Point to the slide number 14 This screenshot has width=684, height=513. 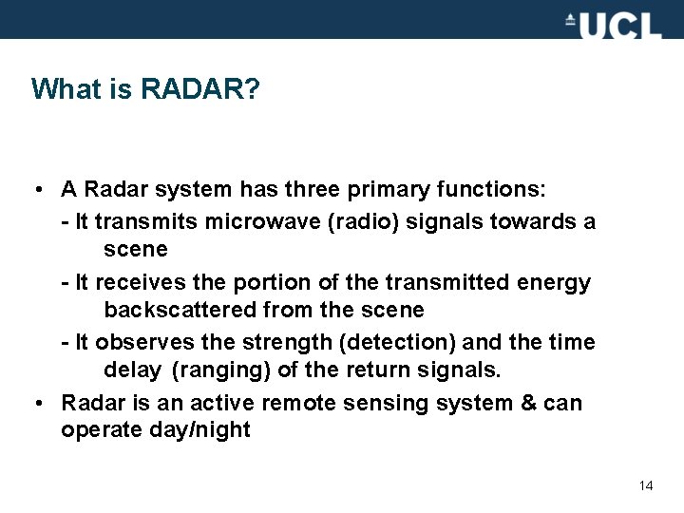coord(646,485)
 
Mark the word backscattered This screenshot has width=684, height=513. coord(180,310)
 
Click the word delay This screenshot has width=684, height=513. coord(132,370)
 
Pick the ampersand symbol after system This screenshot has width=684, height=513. coord(529,403)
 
